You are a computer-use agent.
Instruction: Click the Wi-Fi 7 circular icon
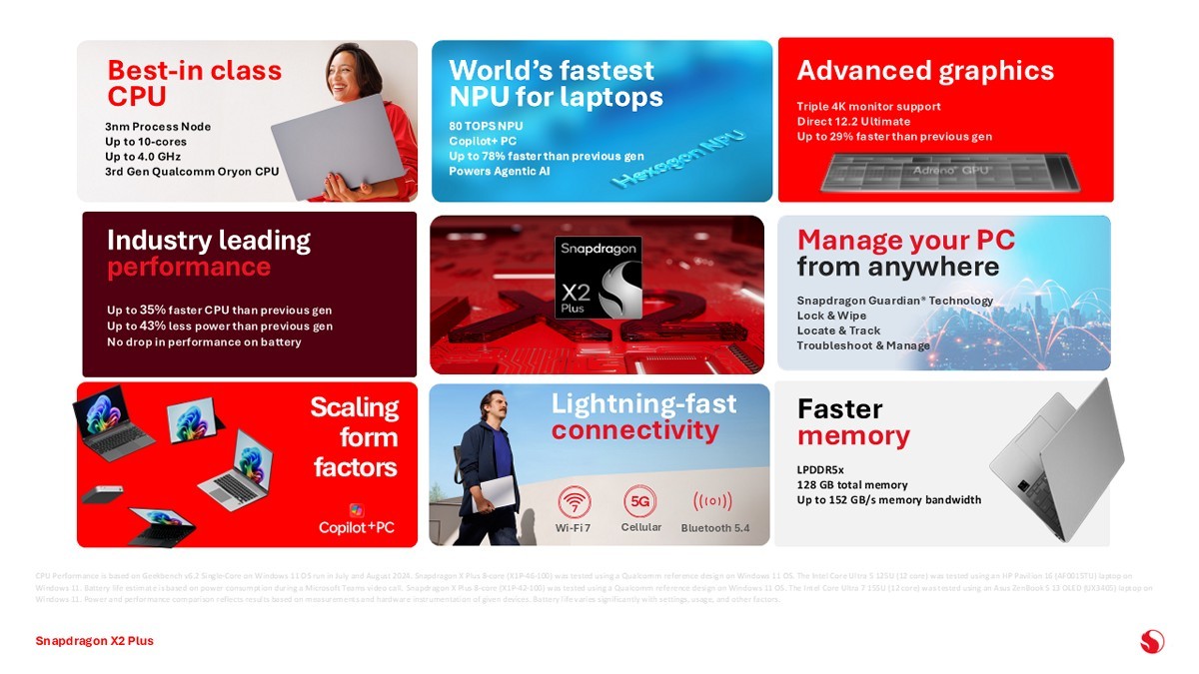(574, 500)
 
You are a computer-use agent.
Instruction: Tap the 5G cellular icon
(639, 500)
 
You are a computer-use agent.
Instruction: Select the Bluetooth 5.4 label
(714, 527)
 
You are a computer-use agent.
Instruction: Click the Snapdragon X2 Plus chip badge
(598, 277)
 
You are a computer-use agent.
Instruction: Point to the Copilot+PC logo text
(357, 526)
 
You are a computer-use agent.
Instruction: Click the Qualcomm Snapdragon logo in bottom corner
(1152, 640)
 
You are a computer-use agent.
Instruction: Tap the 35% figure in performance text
(153, 310)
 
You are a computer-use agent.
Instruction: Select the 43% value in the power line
(153, 326)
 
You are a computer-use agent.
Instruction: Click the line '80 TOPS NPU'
(486, 126)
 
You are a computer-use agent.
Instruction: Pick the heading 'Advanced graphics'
(924, 70)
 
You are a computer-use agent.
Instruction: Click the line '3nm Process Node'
(158, 127)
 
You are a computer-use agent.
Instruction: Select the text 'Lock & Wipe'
(831, 316)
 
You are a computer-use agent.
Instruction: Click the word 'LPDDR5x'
(820, 469)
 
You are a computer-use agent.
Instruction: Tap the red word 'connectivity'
(634, 430)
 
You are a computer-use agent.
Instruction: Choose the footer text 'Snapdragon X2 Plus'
(94, 640)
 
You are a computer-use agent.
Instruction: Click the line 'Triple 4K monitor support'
(868, 106)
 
